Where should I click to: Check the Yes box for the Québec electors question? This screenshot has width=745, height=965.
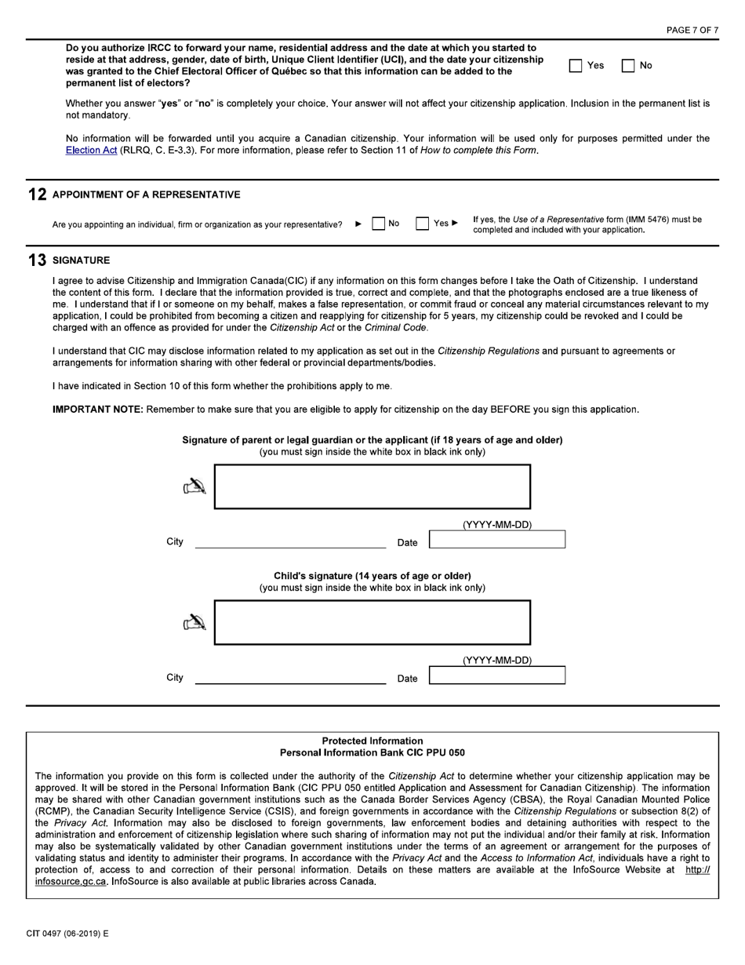(x=576, y=66)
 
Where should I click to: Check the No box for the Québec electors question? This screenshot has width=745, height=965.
(x=628, y=66)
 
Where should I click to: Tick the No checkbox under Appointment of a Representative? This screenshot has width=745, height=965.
(x=379, y=224)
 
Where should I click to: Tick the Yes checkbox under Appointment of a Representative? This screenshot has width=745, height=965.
(x=423, y=224)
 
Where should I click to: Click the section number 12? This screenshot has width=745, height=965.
(x=37, y=195)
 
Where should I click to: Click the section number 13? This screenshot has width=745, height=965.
(x=37, y=260)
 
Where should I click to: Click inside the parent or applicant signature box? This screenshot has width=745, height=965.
(x=372, y=486)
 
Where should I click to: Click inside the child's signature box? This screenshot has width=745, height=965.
(x=372, y=622)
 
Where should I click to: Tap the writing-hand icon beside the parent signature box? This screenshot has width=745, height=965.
(x=194, y=488)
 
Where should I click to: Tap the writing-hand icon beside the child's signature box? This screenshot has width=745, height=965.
(x=194, y=623)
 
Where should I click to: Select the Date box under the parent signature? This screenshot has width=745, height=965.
(x=496, y=540)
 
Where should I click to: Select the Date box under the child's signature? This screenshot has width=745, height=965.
(x=496, y=675)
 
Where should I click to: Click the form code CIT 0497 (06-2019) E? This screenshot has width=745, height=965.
(x=67, y=934)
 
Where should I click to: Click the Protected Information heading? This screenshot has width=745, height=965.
(x=372, y=741)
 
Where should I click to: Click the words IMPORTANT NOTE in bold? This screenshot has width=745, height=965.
(x=97, y=410)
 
